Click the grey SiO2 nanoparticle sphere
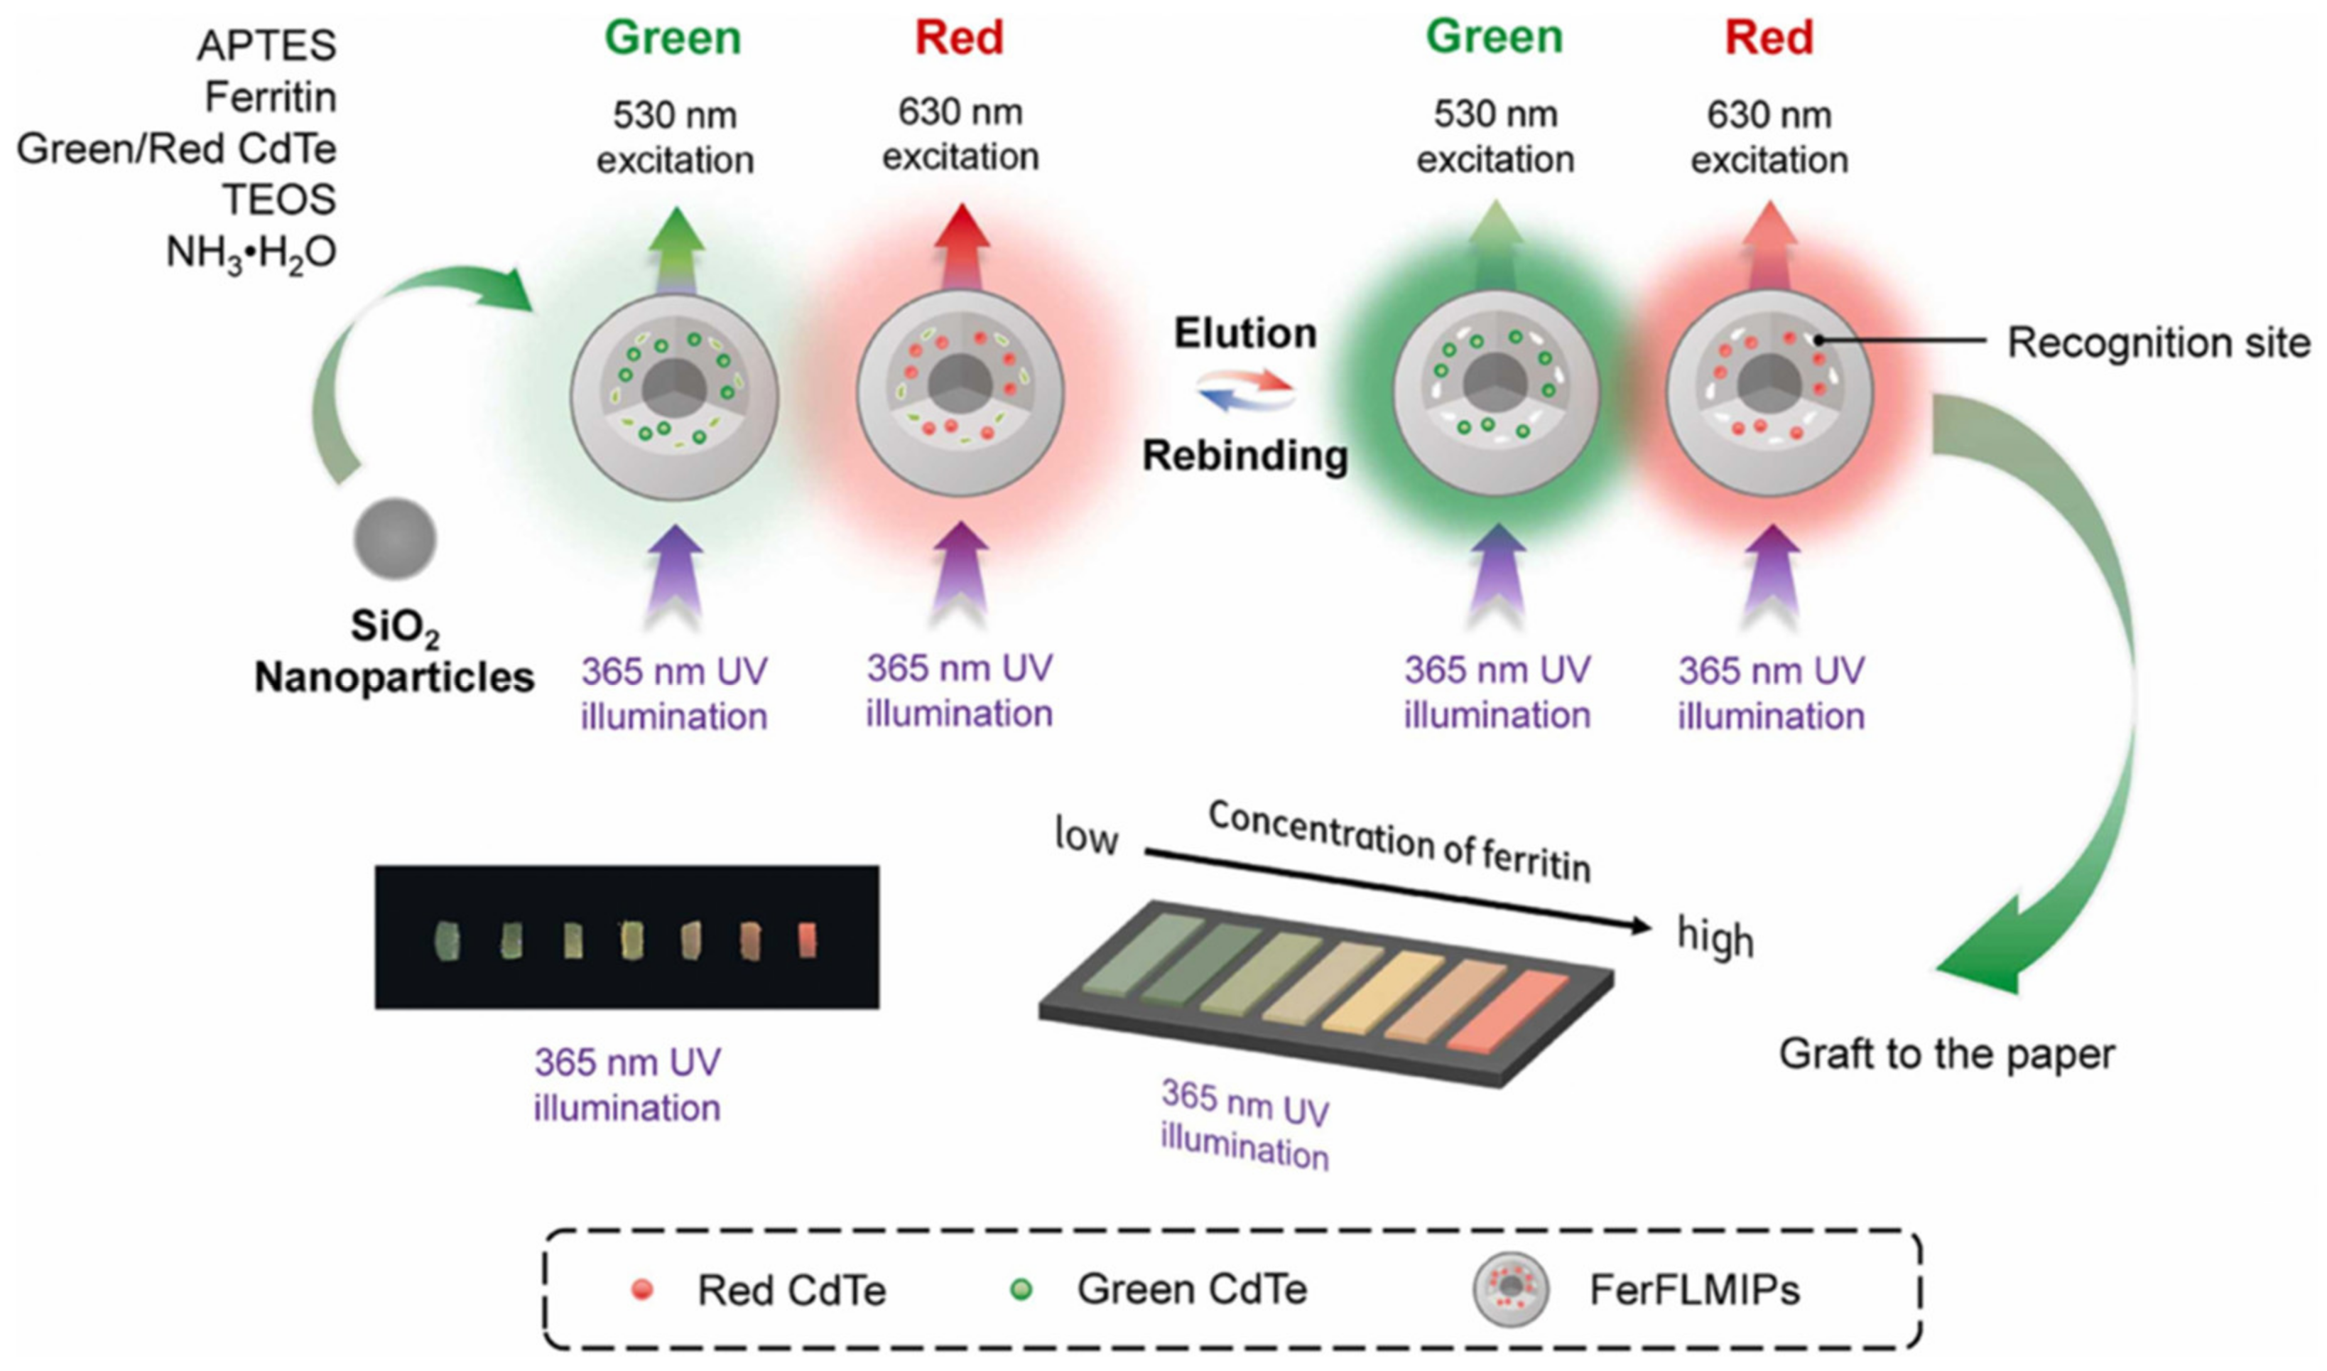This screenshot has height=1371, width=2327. [x=394, y=539]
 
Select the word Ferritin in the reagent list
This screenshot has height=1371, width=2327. [x=270, y=97]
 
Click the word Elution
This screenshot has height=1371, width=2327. [x=1244, y=333]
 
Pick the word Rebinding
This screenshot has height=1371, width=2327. [x=1244, y=456]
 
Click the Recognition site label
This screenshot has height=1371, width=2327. [x=2158, y=343]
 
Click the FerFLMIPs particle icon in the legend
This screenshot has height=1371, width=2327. [x=1511, y=1289]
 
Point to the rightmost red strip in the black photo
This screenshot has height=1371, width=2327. [x=807, y=940]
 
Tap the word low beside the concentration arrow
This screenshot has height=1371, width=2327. [x=1086, y=838]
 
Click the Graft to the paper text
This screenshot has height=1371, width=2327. [x=1946, y=1054]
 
